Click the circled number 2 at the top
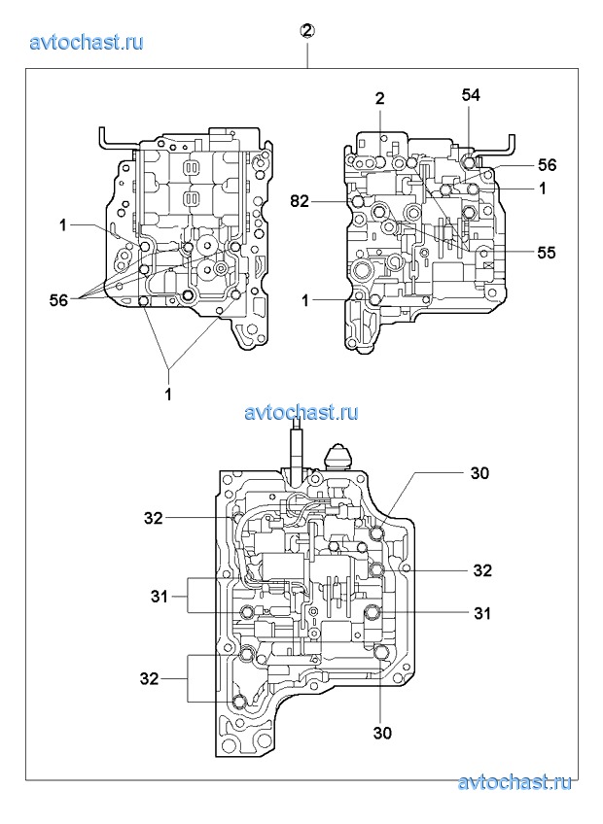[306, 31]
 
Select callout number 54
[471, 95]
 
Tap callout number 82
[301, 201]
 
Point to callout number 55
[547, 252]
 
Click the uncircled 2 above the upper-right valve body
[380, 98]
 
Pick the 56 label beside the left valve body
[58, 301]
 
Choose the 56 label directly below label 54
[547, 165]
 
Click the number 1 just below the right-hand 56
[543, 189]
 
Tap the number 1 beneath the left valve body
[168, 395]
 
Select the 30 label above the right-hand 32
[479, 473]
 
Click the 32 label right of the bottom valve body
[483, 569]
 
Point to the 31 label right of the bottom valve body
[481, 613]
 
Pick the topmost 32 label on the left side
[154, 518]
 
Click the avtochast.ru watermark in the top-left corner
[88, 42]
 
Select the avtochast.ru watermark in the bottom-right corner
[514, 783]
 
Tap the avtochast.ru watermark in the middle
[301, 412]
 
